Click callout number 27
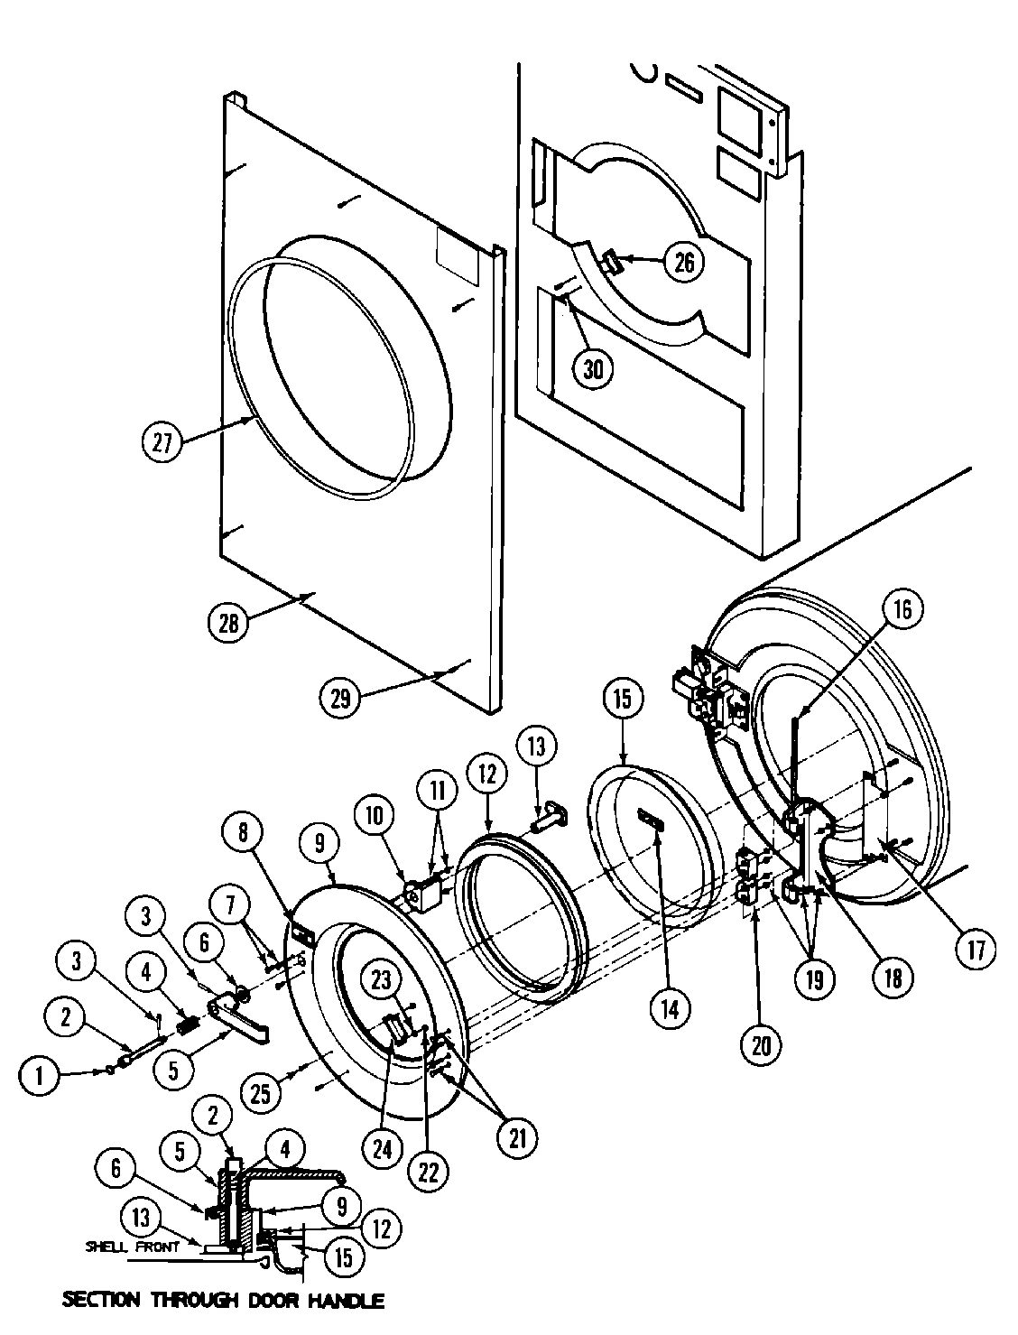point(163,442)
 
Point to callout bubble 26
point(685,262)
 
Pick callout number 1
point(40,1075)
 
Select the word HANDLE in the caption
point(343,1301)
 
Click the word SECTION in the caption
point(101,1301)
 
